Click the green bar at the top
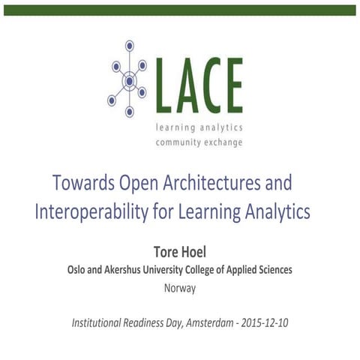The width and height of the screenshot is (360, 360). click(180, 10)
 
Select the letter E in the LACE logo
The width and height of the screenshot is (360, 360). click(232, 85)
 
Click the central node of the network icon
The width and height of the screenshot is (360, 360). click(130, 80)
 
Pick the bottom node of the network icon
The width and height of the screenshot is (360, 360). click(130, 112)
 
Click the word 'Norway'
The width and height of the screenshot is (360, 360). click(179, 286)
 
